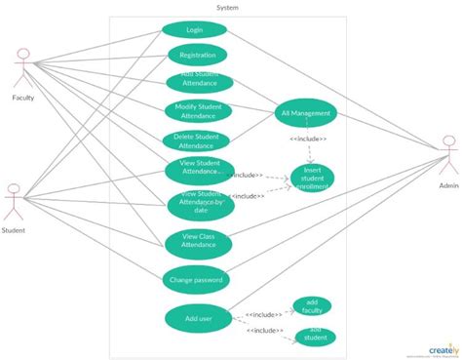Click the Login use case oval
coord(194,30)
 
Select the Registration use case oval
coord(197,56)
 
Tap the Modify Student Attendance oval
coord(198,111)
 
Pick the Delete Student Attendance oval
coord(197,140)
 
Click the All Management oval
coord(306,113)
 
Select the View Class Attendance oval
coord(198,240)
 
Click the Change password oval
coord(196,280)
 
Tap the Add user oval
coord(198,318)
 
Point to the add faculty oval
coord(312,306)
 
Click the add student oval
coord(315,337)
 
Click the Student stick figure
coord(14,203)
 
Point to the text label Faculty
coord(24,99)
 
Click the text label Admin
coord(447,184)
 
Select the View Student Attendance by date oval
coord(201,205)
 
